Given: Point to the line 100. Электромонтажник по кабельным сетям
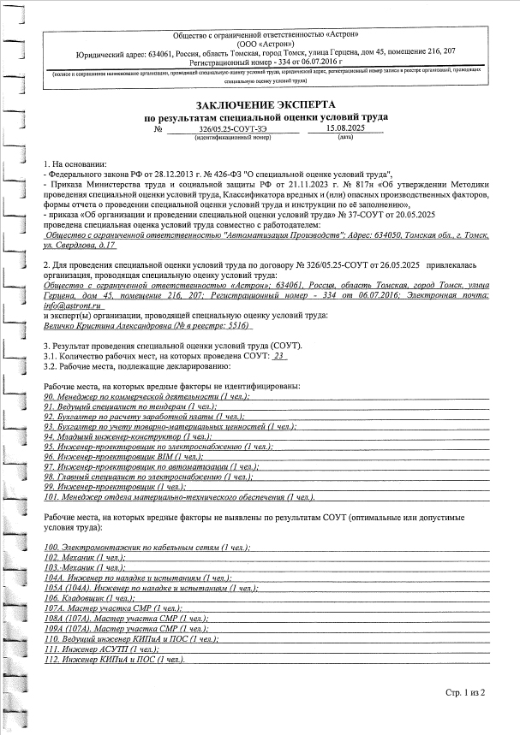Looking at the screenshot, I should [x=146, y=546].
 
